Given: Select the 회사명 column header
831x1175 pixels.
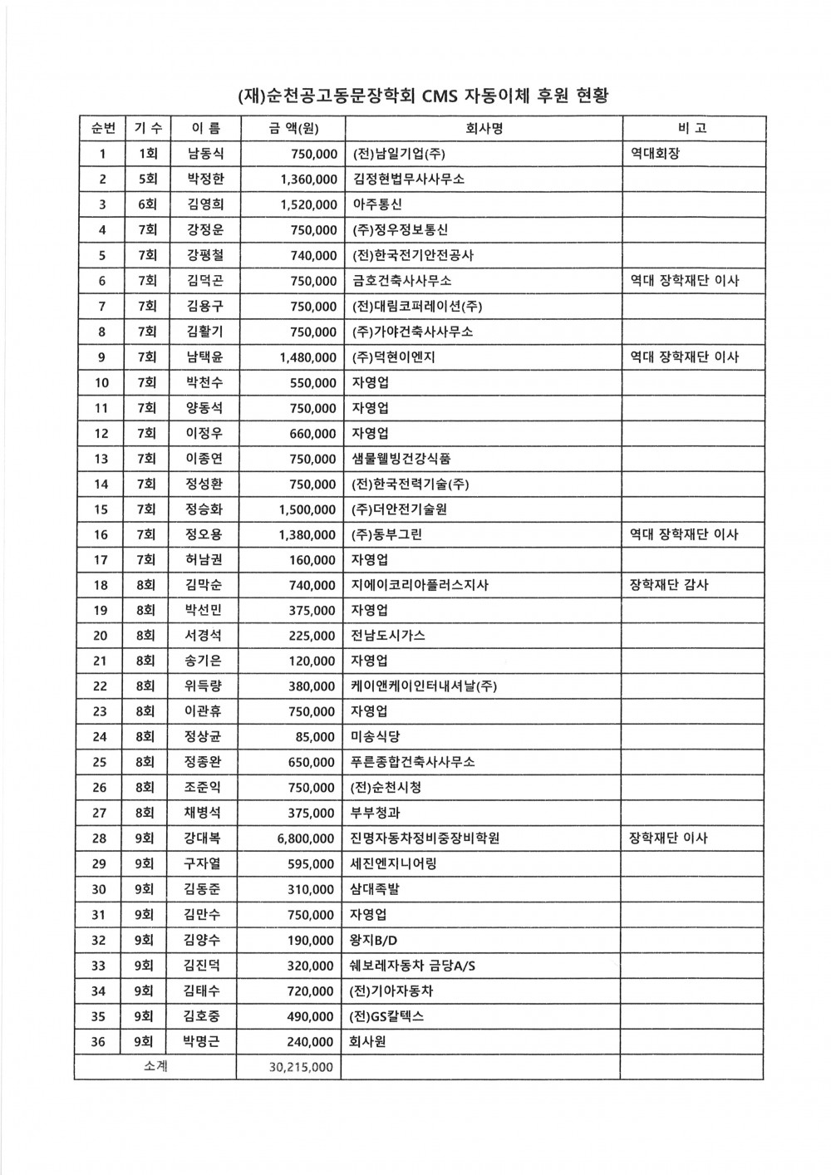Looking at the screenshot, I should [x=481, y=128].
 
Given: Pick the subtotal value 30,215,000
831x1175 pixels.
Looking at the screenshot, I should [x=301, y=1067].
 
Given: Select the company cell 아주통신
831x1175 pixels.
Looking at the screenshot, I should [x=378, y=204].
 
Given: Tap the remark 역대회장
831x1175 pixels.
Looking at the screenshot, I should [x=656, y=154].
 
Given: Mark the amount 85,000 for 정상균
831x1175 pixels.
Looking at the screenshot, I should [x=315, y=737].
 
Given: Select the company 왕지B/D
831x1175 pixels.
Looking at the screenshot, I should [x=376, y=940].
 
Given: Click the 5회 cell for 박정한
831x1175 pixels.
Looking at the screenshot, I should [x=148, y=179].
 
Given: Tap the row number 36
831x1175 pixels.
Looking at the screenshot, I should [x=99, y=1041].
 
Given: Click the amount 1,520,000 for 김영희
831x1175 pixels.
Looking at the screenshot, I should [x=308, y=204].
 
